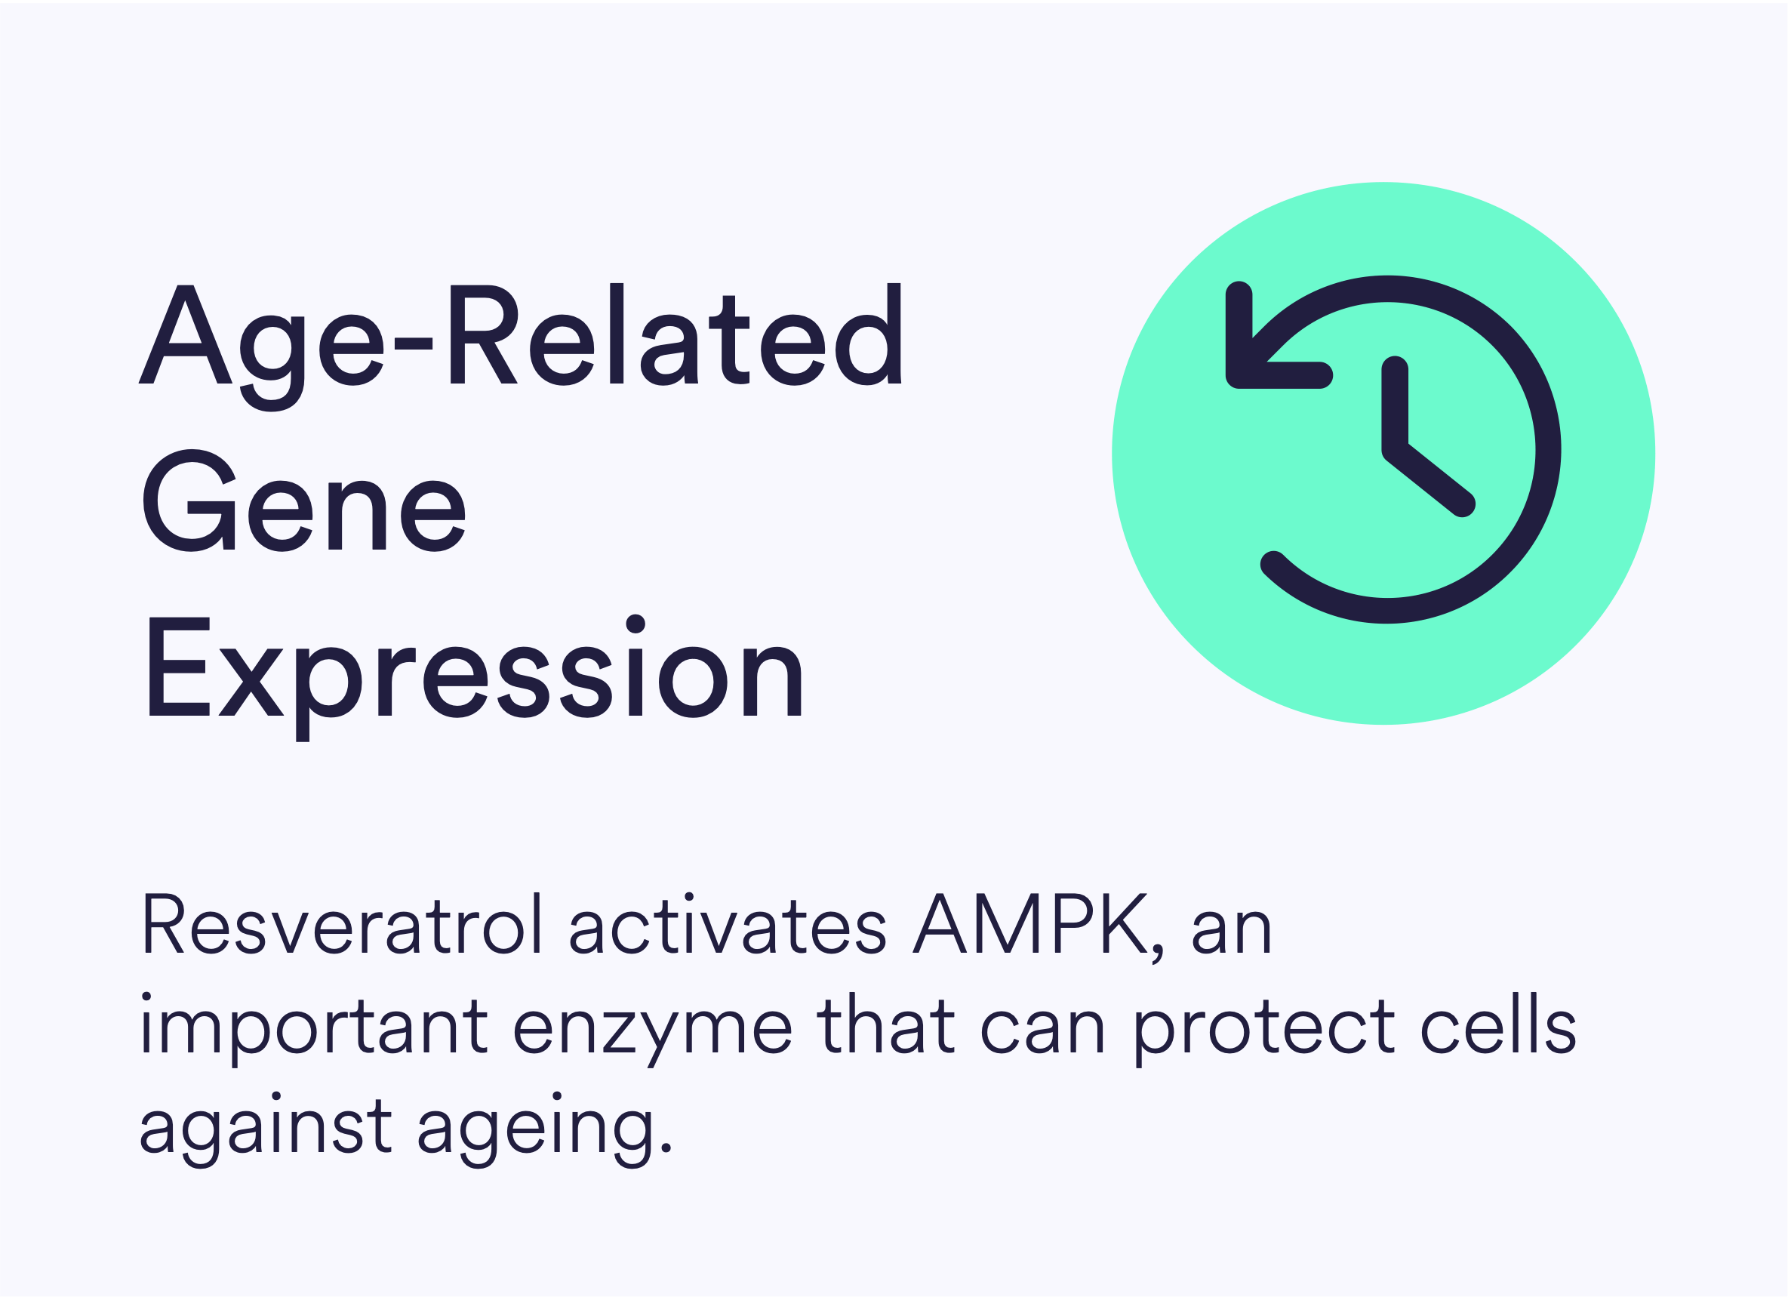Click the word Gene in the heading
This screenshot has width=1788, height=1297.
click(x=304, y=501)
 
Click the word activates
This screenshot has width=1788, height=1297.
click(x=728, y=924)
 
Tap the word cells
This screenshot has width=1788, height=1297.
click(x=1499, y=1024)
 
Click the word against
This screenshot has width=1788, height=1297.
click(x=265, y=1130)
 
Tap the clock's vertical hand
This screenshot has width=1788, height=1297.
click(x=1395, y=408)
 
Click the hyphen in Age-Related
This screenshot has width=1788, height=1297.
click(x=413, y=343)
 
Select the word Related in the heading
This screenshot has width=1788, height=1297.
click(x=676, y=334)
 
